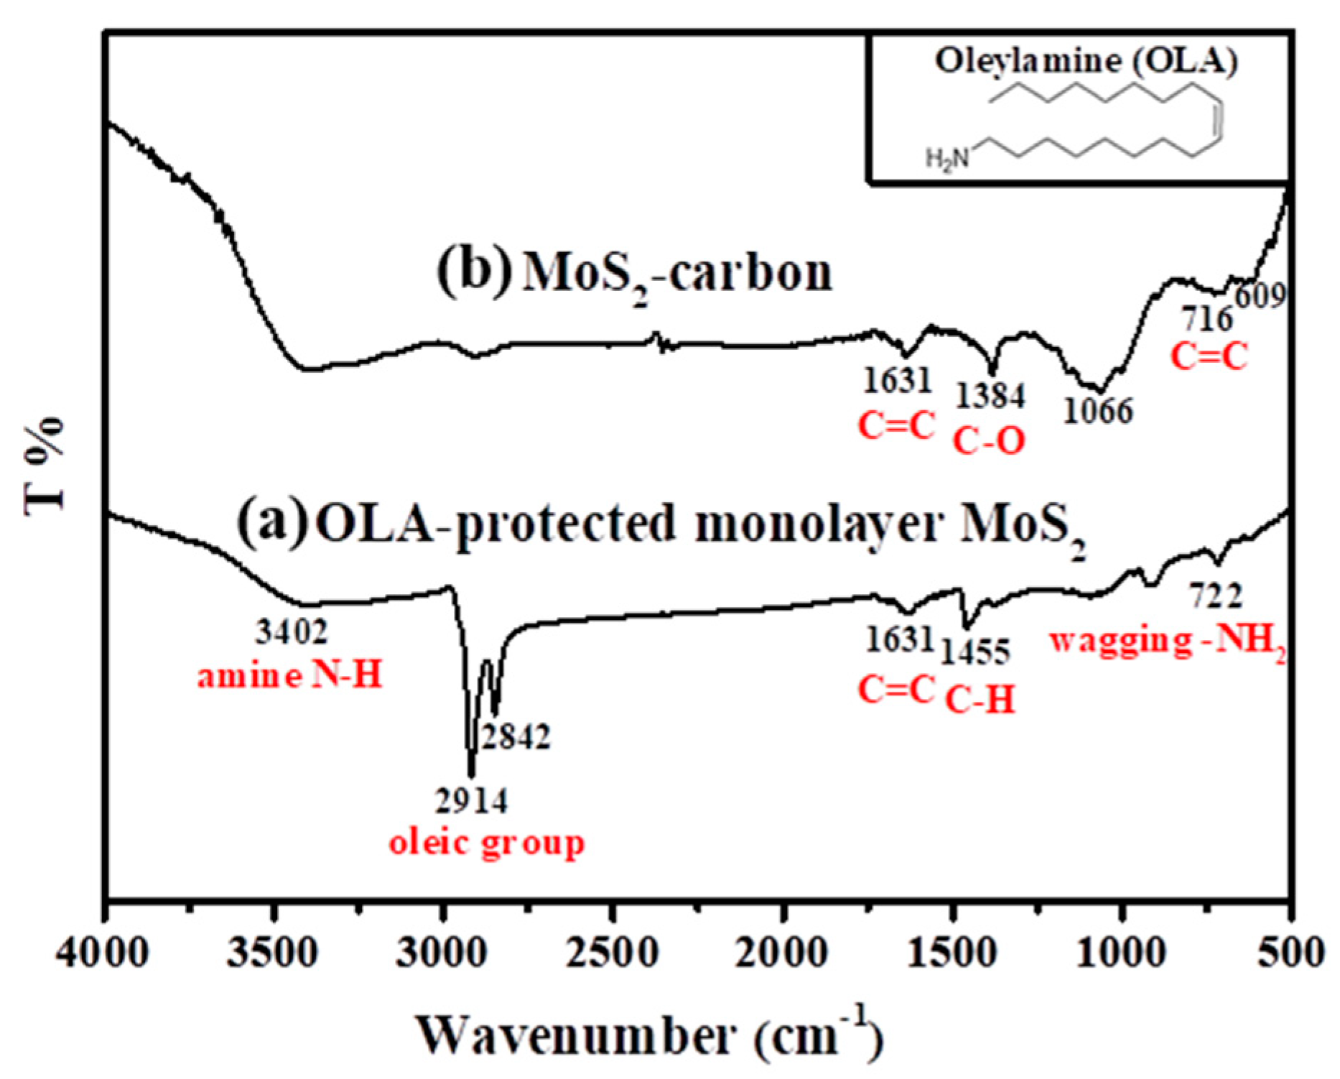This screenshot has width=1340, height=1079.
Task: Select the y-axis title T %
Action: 45,466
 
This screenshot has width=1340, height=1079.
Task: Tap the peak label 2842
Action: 516,737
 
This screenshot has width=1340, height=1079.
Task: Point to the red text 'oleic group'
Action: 487,842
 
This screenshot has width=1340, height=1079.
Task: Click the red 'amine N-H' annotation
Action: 289,676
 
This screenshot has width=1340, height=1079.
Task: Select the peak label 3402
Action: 292,632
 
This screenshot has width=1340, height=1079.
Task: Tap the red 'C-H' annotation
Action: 980,699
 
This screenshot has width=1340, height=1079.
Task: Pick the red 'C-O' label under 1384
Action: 989,441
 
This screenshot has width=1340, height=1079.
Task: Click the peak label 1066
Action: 1097,411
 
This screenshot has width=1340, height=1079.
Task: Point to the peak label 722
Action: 1215,596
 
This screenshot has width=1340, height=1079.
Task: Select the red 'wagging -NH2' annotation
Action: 1167,640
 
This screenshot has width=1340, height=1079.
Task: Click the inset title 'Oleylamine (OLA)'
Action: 1086,61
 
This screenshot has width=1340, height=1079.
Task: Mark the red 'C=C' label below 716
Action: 1209,356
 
